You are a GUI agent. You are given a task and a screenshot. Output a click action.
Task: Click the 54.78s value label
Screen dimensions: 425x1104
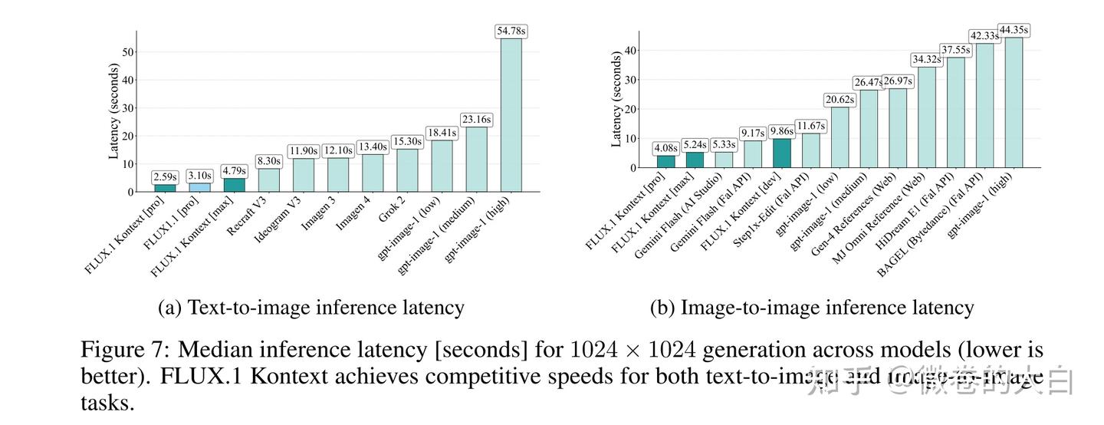coord(511,31)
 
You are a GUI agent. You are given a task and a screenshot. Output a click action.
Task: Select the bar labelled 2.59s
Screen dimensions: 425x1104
coord(165,188)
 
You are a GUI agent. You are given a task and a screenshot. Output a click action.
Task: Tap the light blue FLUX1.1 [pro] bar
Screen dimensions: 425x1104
coord(199,187)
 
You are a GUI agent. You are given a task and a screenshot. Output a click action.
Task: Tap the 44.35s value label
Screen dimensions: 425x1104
coord(1014,30)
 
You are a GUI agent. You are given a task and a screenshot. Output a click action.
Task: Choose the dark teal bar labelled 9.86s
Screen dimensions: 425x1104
coord(782,153)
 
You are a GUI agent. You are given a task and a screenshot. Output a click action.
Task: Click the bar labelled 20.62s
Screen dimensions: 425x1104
coord(839,137)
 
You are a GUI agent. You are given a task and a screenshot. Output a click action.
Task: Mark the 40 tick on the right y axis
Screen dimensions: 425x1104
coord(629,51)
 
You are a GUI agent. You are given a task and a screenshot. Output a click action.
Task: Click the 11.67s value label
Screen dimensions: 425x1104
coord(811,126)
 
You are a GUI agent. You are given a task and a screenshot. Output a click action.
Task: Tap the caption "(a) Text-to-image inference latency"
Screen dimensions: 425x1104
coord(310,308)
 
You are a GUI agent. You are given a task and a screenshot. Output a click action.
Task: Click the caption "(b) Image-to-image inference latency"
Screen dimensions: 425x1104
coord(812,308)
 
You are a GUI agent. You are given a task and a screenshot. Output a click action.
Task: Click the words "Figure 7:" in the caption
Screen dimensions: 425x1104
coord(125,351)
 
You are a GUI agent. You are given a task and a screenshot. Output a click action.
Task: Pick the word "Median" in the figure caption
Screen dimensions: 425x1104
coord(209,351)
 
